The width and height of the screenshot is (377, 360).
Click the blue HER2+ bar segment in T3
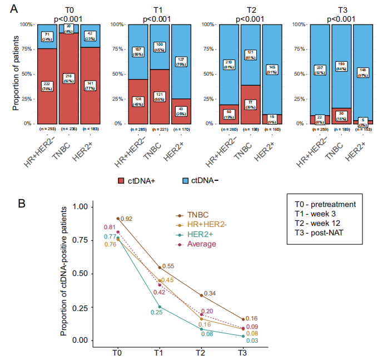tap(362, 67)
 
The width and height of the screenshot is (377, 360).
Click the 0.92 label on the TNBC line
tap(127, 219)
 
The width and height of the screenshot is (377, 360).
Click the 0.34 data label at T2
tap(210, 293)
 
